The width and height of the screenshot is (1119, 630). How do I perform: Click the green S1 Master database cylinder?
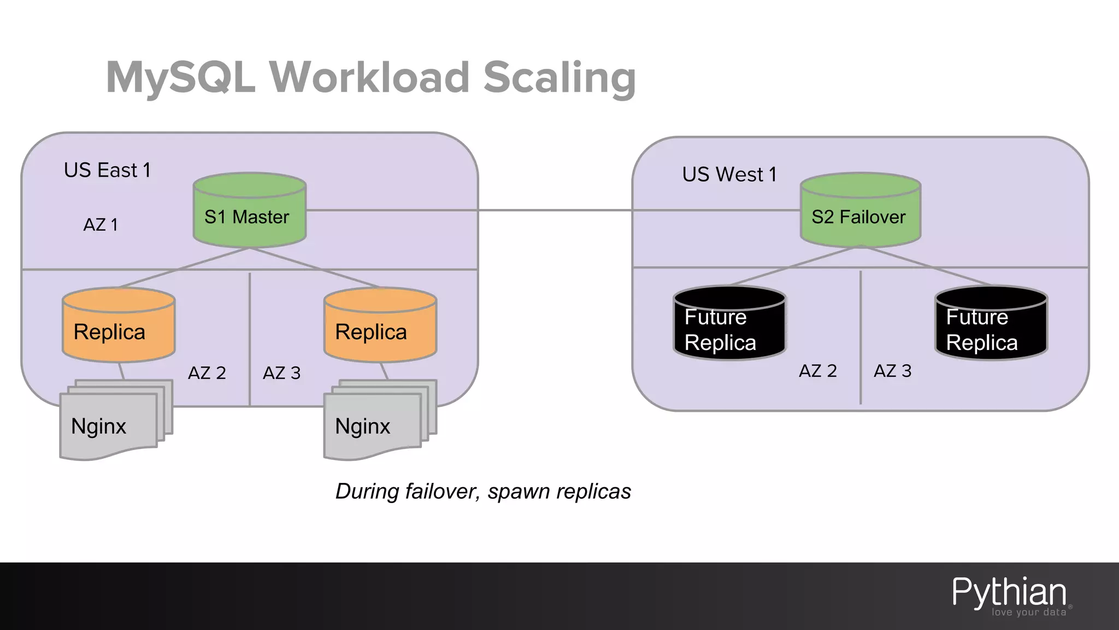[250, 211]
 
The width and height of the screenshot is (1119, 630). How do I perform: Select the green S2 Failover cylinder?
[860, 211]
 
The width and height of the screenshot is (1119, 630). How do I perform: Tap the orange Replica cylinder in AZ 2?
[119, 326]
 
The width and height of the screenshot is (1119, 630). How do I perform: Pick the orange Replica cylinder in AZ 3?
[380, 326]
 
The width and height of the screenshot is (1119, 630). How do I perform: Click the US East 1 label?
[107, 170]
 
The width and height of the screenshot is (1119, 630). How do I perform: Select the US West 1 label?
[729, 174]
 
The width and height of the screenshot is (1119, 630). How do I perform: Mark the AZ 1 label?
[101, 225]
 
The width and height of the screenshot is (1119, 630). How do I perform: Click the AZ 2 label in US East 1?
[207, 373]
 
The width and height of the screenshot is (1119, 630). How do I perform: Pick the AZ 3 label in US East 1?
[281, 373]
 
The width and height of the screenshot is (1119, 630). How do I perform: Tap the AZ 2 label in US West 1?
[817, 371]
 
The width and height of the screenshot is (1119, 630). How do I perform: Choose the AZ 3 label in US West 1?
[892, 371]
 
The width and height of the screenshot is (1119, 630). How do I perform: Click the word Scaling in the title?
[559, 78]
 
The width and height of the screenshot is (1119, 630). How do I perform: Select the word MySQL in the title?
[180, 78]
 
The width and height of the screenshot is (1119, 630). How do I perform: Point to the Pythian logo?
[1010, 595]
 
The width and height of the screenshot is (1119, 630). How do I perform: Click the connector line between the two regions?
[555, 210]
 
